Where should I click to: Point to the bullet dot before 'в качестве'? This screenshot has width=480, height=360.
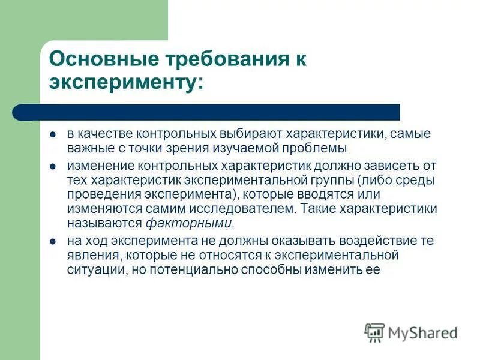click(53, 133)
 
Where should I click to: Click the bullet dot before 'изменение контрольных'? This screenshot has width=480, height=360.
click(53, 165)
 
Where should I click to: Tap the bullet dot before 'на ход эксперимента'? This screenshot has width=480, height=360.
click(53, 241)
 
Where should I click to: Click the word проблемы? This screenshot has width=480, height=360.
click(318, 148)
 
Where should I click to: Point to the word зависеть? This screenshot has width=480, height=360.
click(392, 165)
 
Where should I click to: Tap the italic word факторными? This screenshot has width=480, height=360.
click(189, 224)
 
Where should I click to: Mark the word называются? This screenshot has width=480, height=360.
click(104, 224)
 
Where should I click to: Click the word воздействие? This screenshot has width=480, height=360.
click(372, 241)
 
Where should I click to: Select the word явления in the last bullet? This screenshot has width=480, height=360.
click(90, 256)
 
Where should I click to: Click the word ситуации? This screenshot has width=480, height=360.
click(92, 270)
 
